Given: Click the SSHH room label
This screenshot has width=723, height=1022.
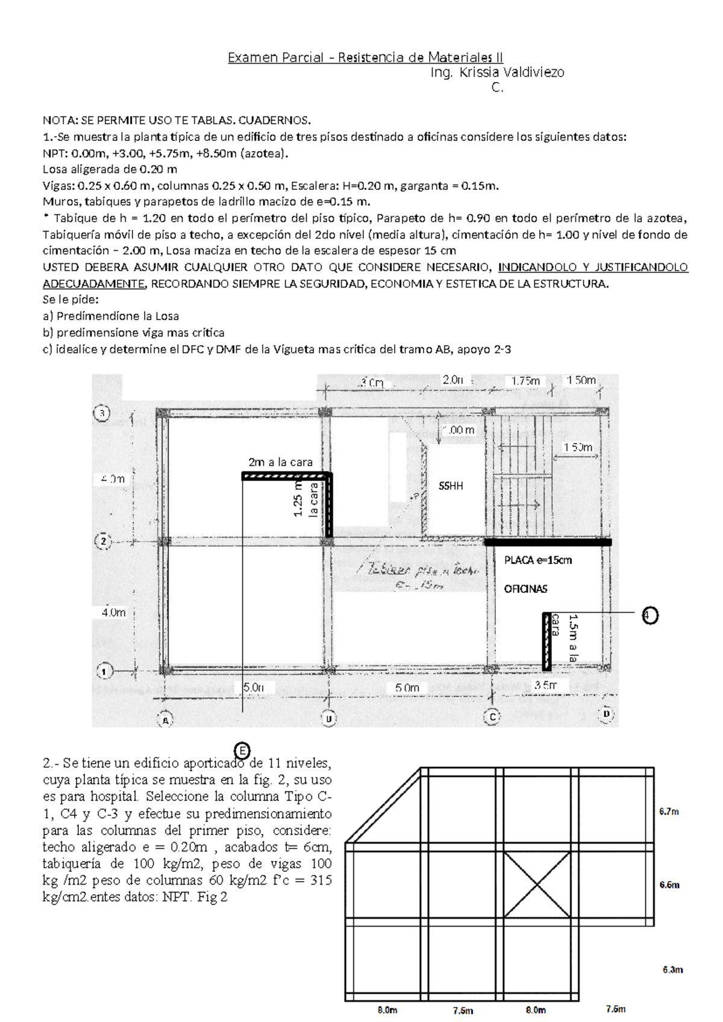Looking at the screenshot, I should point(451,486).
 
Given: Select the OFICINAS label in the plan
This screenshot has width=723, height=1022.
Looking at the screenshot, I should point(525,589).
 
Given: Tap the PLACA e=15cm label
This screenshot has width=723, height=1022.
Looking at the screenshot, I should point(537,560).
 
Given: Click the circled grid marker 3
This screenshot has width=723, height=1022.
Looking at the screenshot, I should point(102,413).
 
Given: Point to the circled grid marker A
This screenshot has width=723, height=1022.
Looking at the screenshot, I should point(164,719).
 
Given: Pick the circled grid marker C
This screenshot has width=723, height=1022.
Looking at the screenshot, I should point(493,716).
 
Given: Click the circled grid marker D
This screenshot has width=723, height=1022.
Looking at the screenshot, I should point(606,713).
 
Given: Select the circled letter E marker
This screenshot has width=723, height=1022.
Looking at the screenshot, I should point(242,751).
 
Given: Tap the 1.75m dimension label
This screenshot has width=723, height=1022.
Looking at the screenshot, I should point(525,381).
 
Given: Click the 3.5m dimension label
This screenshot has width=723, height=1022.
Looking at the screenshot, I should point(545,685).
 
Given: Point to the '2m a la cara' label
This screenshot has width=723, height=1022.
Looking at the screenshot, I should point(280,462).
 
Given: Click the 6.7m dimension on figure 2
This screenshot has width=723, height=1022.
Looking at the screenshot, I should point(669,812).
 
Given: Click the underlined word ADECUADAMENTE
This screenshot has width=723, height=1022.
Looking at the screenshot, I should point(94,284).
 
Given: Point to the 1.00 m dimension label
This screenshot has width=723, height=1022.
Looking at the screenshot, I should point(459,430).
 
